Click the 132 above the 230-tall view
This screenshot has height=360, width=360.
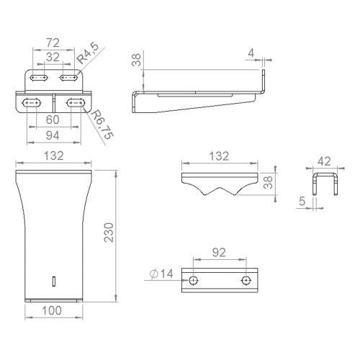pyautogui.click(x=55, y=156)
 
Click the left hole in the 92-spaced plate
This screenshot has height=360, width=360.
pyautogui.click(x=193, y=279)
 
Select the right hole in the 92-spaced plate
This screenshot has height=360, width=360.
pyautogui.click(x=247, y=279)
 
